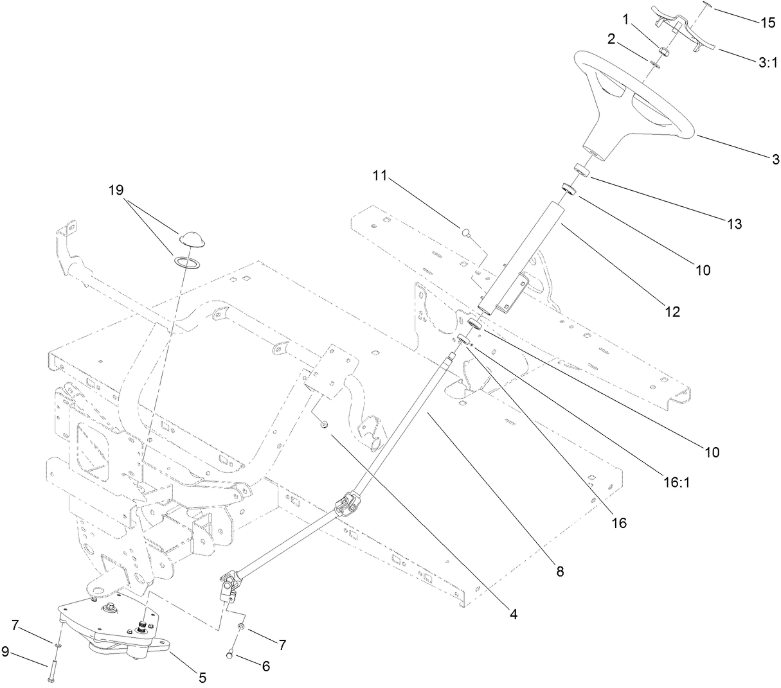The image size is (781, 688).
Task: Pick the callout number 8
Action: (x=560, y=570)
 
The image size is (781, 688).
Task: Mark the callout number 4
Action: (x=513, y=613)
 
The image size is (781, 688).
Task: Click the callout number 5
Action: (x=202, y=676)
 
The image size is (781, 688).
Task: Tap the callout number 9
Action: (x=5, y=652)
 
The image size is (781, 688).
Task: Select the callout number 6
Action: (x=265, y=666)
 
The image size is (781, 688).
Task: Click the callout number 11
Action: (x=381, y=176)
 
